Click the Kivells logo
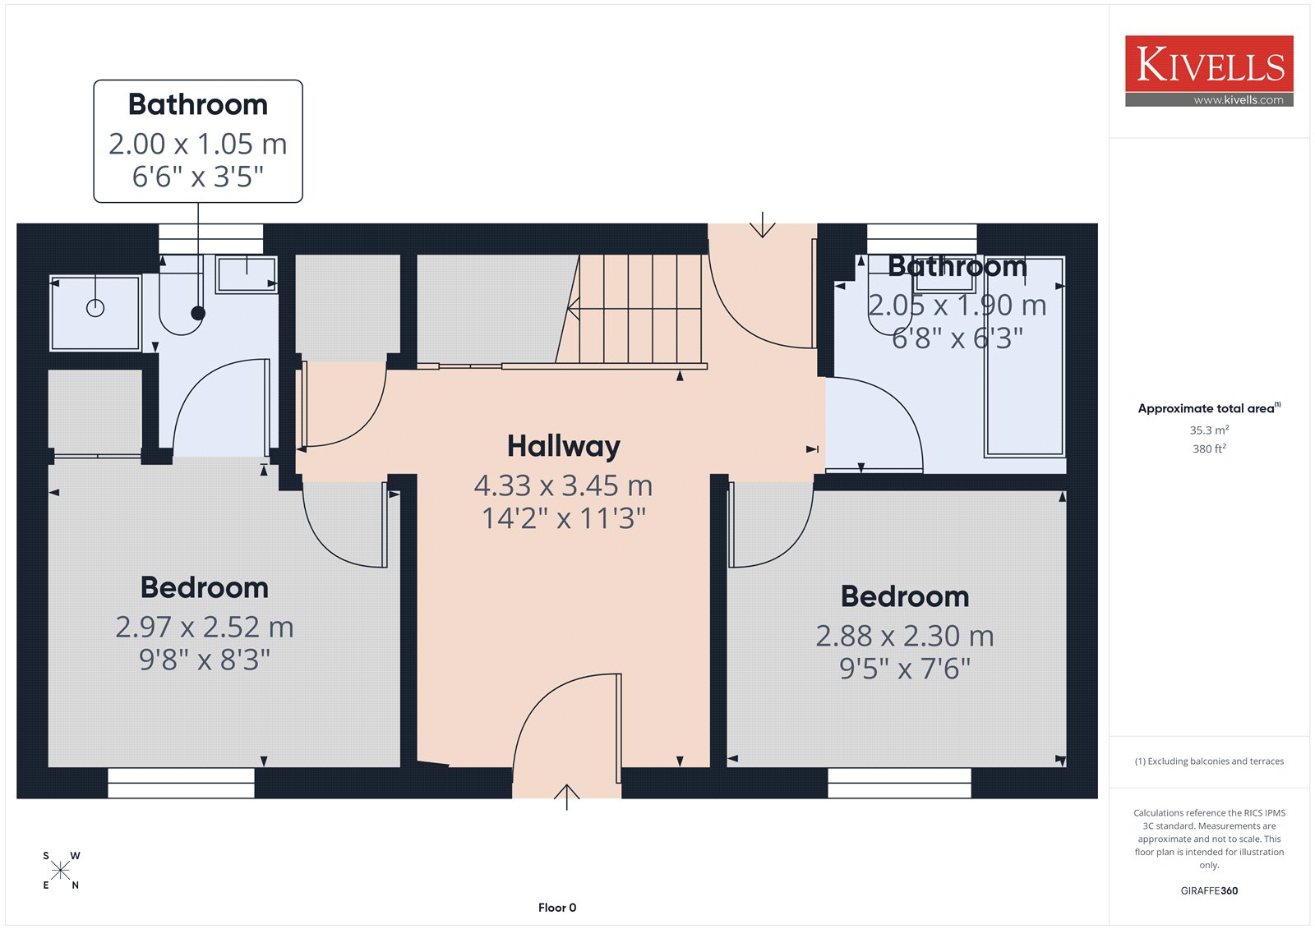click(x=1209, y=71)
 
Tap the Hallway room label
click(x=564, y=447)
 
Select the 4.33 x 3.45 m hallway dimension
click(x=564, y=486)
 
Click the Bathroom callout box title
click(x=198, y=104)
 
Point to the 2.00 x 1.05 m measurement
click(x=198, y=144)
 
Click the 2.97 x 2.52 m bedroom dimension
click(x=205, y=628)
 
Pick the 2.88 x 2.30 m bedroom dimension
click(x=905, y=636)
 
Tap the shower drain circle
click(x=95, y=307)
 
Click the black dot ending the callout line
click(x=198, y=314)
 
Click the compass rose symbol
click(x=61, y=871)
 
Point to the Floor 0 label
click(x=557, y=908)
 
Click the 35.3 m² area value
click(x=1209, y=430)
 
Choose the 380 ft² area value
click(x=1209, y=448)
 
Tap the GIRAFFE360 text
click(x=1209, y=891)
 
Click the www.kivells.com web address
click(x=1239, y=100)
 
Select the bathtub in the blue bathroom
click(x=1024, y=356)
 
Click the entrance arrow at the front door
click(x=566, y=797)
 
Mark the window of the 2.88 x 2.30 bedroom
click(x=899, y=783)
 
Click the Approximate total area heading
click(x=1209, y=408)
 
